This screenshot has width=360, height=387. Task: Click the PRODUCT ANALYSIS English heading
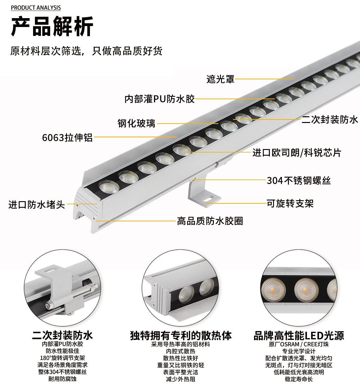[36, 8]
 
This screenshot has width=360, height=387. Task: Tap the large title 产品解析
[52, 26]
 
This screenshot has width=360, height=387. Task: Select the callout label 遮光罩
[220, 79]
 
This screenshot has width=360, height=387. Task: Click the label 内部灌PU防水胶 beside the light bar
[160, 99]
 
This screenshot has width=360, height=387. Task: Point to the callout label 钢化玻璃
[137, 123]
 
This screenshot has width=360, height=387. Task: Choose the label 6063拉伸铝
[67, 138]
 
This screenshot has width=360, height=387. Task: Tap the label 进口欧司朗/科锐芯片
[297, 153]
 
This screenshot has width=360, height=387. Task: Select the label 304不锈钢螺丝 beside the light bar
[299, 180]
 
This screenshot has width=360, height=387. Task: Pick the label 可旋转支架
[290, 203]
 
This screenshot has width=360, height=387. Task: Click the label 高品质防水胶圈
[210, 221]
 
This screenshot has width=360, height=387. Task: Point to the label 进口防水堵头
[37, 205]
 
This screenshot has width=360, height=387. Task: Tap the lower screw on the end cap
[94, 218]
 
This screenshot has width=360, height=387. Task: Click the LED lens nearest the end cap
[109, 187]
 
